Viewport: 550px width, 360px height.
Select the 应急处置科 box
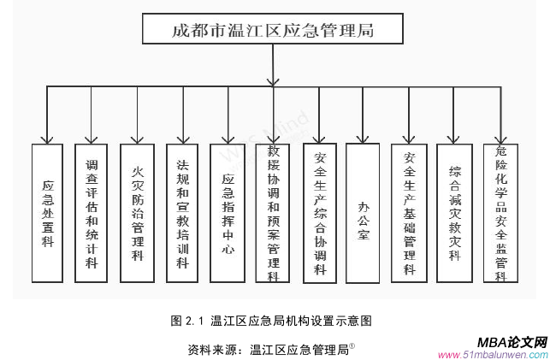(x=47, y=213)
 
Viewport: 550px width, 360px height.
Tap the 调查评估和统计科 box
(x=92, y=213)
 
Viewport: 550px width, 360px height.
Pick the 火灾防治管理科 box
(x=137, y=213)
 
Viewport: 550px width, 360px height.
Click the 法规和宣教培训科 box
(x=182, y=213)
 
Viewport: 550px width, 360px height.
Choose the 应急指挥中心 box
(x=228, y=213)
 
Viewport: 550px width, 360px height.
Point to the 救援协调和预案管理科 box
(x=273, y=213)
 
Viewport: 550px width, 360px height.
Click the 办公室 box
(x=364, y=213)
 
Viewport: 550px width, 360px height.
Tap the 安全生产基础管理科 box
(x=409, y=213)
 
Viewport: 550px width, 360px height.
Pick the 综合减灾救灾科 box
(x=454, y=213)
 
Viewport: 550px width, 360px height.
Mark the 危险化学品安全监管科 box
(x=500, y=213)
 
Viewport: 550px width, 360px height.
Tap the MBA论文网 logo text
(x=511, y=340)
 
